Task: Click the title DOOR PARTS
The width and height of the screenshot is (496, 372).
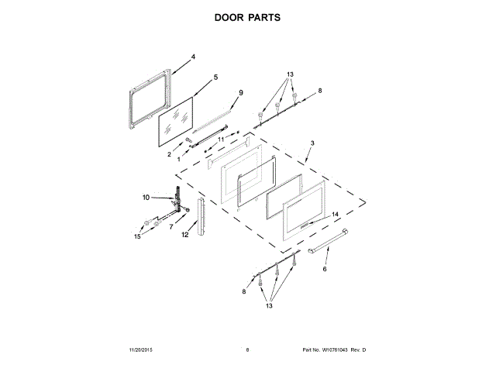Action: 247,17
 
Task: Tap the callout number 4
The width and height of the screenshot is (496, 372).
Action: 193,57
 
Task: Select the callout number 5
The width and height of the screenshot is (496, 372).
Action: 215,77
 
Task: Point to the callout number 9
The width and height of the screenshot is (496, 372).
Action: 240,93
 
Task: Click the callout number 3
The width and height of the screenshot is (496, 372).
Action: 312,143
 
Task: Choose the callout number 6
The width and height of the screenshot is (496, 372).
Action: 325,269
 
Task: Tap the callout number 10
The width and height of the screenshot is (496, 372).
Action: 145,198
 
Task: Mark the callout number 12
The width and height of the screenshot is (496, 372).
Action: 185,233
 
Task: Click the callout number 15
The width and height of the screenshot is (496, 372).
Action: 137,236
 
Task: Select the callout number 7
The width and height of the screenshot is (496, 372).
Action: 171,227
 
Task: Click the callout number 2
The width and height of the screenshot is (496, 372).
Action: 170,154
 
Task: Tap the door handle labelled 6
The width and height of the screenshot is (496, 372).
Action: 325,244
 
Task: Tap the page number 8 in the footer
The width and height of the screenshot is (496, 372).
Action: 247,350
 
